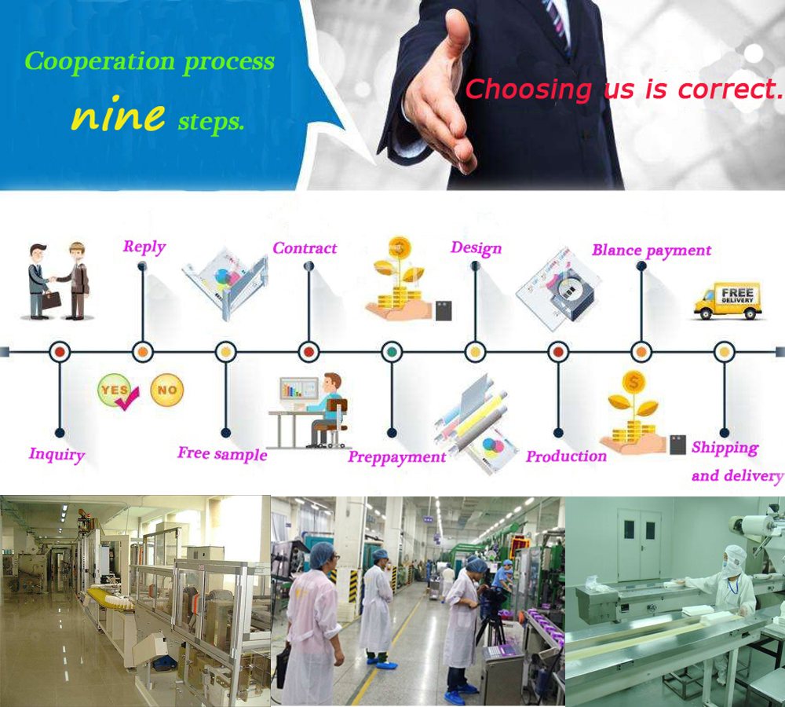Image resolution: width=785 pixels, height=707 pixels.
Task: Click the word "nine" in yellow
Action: click(118, 115)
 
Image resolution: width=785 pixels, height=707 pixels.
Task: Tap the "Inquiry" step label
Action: click(57, 454)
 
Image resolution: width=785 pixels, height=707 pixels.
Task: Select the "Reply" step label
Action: click(144, 247)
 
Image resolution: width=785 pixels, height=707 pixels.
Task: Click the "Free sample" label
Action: click(222, 454)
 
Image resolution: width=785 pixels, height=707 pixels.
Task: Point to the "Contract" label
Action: click(305, 248)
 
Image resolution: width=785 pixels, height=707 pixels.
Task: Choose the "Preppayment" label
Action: click(397, 457)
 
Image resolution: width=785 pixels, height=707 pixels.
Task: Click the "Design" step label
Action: click(476, 248)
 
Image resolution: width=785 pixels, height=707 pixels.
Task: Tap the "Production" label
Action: click(566, 456)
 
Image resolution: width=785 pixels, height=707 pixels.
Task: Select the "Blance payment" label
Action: click(652, 251)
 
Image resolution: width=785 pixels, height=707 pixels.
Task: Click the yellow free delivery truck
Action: click(728, 301)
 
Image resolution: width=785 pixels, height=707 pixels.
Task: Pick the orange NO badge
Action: click(166, 389)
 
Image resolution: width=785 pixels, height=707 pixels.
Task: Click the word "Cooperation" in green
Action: click(99, 61)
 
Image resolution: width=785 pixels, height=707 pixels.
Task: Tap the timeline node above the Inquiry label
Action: click(60, 352)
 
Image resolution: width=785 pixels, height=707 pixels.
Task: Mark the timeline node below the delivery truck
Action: click(724, 352)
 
